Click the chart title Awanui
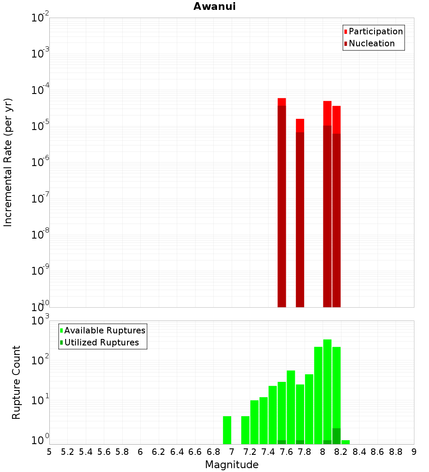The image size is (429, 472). click(214, 6)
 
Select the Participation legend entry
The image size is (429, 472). click(375, 31)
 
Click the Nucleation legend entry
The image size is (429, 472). click(371, 43)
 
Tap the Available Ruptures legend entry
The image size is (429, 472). click(104, 330)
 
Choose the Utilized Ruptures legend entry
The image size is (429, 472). click(101, 342)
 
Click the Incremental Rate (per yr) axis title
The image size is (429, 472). click(8, 162)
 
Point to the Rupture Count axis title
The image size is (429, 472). click(16, 382)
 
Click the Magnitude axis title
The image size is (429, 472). click(232, 465)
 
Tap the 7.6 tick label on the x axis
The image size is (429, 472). click(286, 452)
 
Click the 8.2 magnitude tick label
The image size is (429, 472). click(341, 452)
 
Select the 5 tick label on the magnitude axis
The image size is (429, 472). click(49, 452)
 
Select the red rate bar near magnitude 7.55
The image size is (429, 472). click(282, 102)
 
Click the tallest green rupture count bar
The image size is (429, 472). click(327, 386)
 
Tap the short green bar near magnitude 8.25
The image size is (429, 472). click(345, 442)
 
